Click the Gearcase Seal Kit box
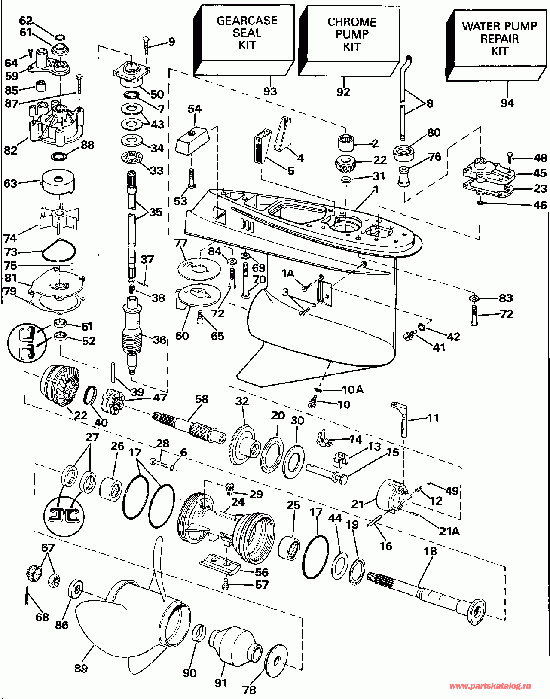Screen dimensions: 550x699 244,40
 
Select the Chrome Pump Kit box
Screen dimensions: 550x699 349,41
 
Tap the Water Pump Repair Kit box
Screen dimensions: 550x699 496,46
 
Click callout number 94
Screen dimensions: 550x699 507,103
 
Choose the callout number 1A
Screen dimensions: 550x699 288,274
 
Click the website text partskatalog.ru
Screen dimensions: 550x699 491,686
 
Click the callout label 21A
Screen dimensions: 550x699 449,531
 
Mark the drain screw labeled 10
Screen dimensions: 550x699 312,403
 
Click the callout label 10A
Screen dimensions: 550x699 353,389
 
